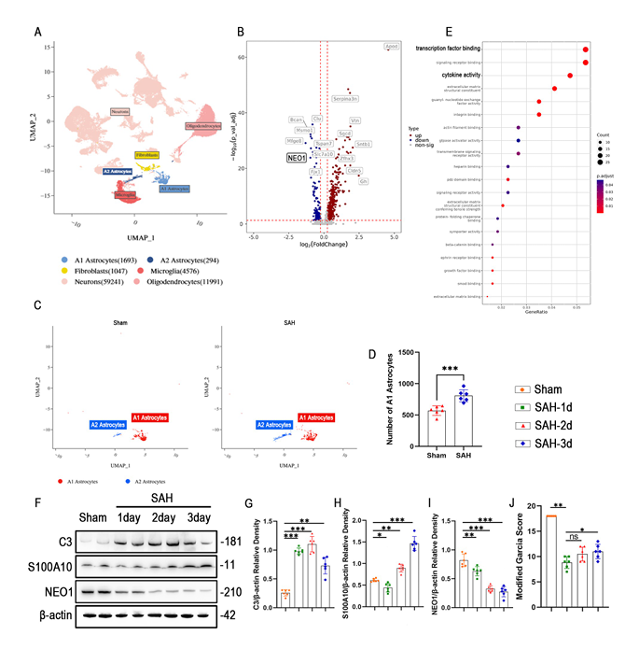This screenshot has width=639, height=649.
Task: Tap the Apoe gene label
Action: (x=393, y=46)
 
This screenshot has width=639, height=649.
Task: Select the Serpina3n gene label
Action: (x=345, y=98)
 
